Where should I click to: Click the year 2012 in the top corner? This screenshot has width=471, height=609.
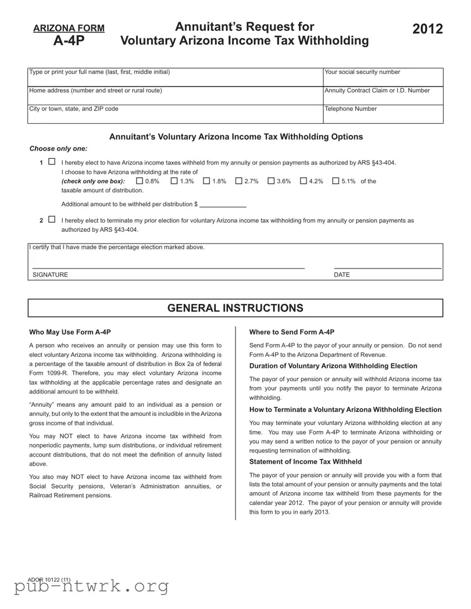pyautogui.click(x=427, y=30)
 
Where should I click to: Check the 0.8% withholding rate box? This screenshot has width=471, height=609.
pyautogui.click(x=139, y=181)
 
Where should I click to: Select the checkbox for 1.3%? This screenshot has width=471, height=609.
pyautogui.click(x=174, y=181)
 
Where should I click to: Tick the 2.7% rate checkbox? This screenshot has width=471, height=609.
pyautogui.click(x=238, y=181)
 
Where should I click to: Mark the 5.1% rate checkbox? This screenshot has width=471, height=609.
pyautogui.click(x=336, y=181)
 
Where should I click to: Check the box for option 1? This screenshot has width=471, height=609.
pyautogui.click(x=52, y=163)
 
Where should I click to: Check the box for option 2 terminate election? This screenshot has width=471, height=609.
pyautogui.click(x=52, y=220)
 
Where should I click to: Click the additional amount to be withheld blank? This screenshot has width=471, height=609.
pyautogui.click(x=223, y=204)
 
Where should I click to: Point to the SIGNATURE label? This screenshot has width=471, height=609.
pyautogui.click(x=50, y=275)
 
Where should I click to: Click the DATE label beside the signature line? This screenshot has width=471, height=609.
pyautogui.click(x=342, y=275)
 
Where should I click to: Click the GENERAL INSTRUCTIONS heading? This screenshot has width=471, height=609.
pyautogui.click(x=235, y=308)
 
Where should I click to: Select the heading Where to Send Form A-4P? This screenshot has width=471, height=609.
pyautogui.click(x=291, y=332)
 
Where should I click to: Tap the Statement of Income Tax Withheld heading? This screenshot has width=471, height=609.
pyautogui.click(x=305, y=461)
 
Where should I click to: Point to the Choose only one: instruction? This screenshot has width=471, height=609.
pyautogui.click(x=58, y=149)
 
